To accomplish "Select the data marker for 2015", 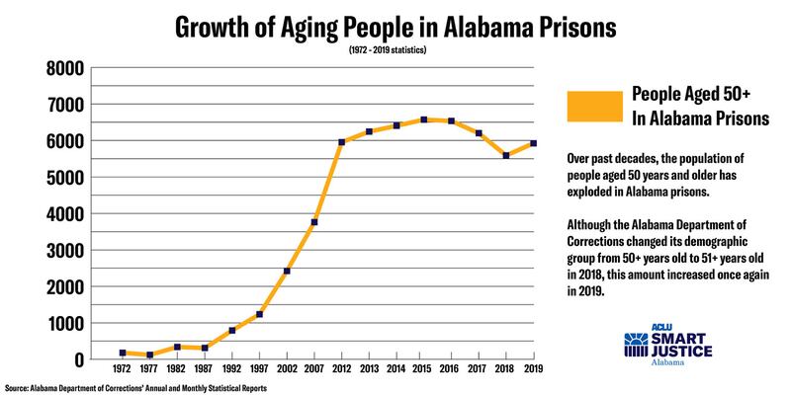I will [x=424, y=119].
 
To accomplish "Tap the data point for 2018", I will [x=507, y=155].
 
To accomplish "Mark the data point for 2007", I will [x=314, y=222].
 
